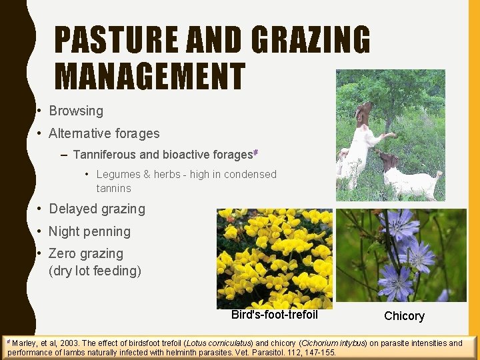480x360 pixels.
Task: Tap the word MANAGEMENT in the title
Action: pyautogui.click(x=149, y=75)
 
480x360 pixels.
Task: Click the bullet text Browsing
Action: pyautogui.click(x=76, y=111)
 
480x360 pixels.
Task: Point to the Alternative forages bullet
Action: pyautogui.click(x=104, y=133)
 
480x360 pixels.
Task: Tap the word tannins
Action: pyautogui.click(x=113, y=188)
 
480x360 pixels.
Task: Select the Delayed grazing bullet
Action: pyautogui.click(x=97, y=209)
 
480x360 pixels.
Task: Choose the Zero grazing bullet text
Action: pyautogui.click(x=86, y=253)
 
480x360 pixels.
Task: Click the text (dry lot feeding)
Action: pyautogui.click(x=95, y=271)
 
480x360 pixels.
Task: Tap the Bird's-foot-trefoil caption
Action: pyautogui.click(x=274, y=315)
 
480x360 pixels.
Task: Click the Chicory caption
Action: pyautogui.click(x=404, y=316)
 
